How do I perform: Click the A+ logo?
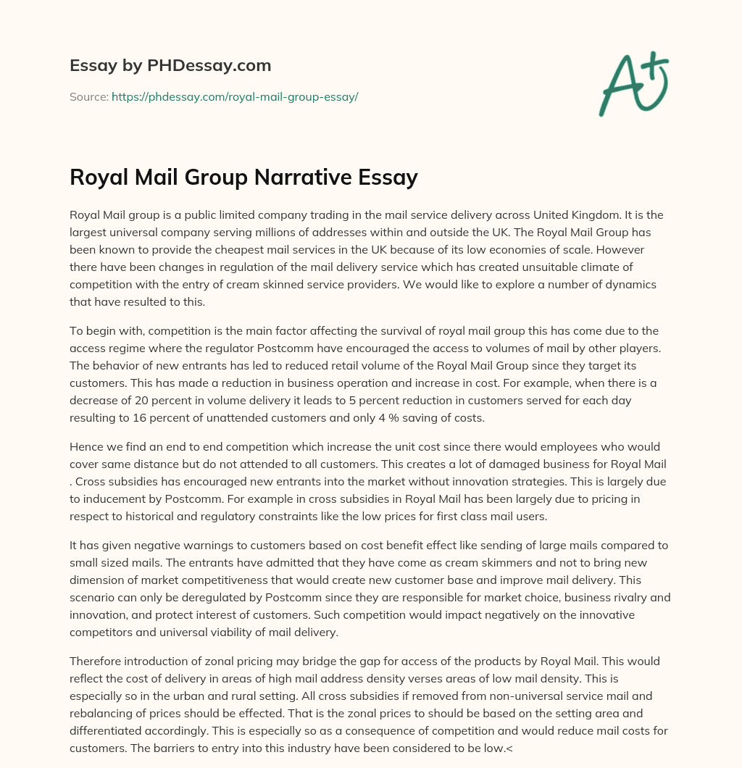pyautogui.click(x=633, y=83)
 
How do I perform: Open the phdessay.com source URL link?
pyautogui.click(x=235, y=96)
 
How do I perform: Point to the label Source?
pyautogui.click(x=88, y=96)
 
